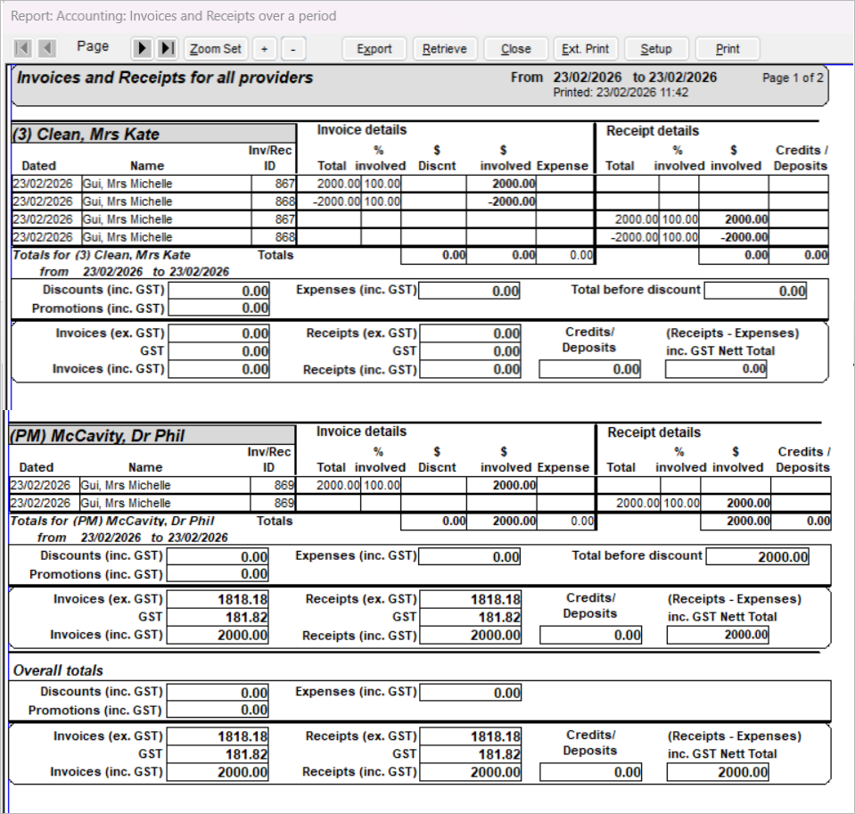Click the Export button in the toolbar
[374, 49]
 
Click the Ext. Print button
[586, 49]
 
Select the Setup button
[656, 49]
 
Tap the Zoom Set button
[216, 49]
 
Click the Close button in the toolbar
[516, 49]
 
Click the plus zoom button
[264, 49]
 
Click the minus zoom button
[294, 49]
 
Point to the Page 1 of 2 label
[793, 78]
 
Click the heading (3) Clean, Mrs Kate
[86, 135]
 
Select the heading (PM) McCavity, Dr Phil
[97, 436]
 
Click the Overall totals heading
[58, 670]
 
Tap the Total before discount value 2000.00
[757, 557]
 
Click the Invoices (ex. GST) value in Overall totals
[218, 736]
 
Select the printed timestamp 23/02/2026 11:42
[621, 92]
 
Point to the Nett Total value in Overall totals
[717, 773]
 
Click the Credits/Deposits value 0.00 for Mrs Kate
[590, 369]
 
